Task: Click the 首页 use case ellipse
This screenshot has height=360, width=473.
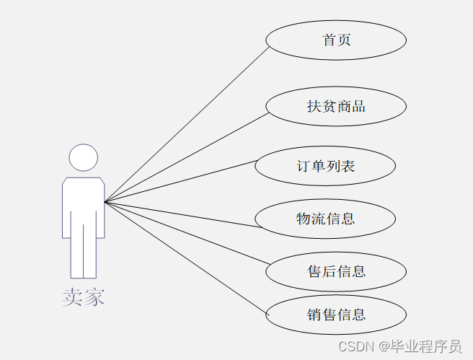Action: [336, 40]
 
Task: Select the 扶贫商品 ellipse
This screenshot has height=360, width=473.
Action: [336, 106]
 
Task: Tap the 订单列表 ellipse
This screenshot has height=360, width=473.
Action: [325, 166]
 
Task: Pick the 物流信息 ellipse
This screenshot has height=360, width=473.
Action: [325, 219]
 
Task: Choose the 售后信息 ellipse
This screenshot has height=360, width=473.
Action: [336, 271]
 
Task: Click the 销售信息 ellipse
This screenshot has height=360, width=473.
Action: [336, 315]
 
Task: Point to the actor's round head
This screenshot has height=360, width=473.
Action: [83, 158]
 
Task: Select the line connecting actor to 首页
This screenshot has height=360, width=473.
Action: [187, 124]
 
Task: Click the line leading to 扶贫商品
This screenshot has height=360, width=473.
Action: [186, 157]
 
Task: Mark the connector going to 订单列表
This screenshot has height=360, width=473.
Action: [180, 181]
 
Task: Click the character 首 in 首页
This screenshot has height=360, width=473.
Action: [329, 40]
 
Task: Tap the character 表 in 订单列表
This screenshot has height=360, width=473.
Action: [348, 166]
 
